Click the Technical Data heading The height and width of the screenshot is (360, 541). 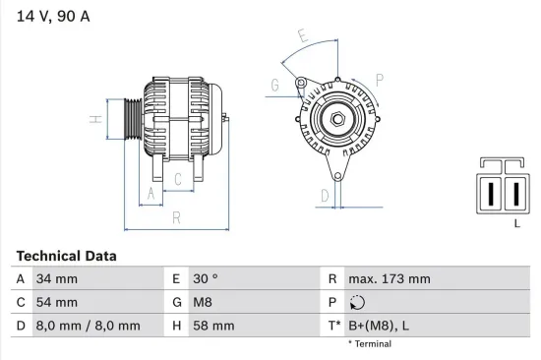pyautogui.click(x=66, y=256)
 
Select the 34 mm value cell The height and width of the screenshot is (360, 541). pyautogui.click(x=56, y=279)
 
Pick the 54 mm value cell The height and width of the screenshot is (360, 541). pyautogui.click(x=56, y=302)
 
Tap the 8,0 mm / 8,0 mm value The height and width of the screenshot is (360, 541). pyautogui.click(x=87, y=325)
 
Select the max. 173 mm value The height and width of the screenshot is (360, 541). pyautogui.click(x=390, y=279)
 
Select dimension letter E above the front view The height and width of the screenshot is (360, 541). pyautogui.click(x=302, y=37)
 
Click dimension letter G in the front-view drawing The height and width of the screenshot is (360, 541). pyautogui.click(x=274, y=86)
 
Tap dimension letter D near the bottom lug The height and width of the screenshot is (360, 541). pyautogui.click(x=325, y=195)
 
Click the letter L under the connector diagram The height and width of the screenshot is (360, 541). pyautogui.click(x=516, y=224)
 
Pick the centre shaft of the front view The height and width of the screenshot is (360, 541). pyautogui.click(x=336, y=120)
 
